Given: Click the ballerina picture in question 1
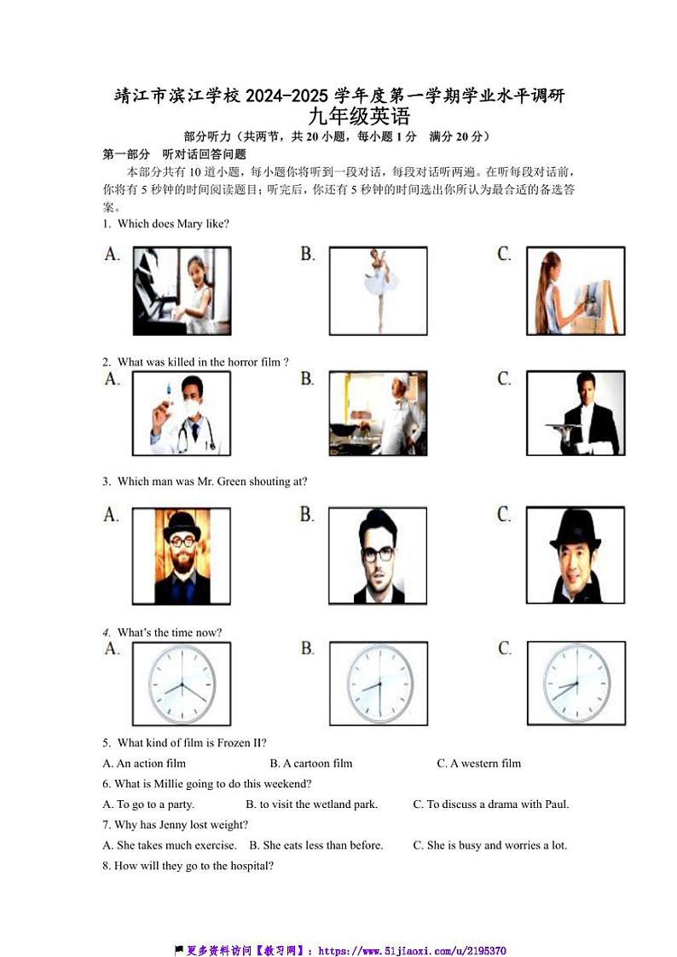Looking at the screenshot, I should point(378,291).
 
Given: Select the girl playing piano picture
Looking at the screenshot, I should point(182,291).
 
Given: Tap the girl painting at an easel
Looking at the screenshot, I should point(575,291).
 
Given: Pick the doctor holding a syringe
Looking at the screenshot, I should point(182,413).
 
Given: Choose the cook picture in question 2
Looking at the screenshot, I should point(378,413).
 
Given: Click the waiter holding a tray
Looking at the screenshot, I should point(575,413).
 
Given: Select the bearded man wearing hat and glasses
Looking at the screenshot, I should point(182,556).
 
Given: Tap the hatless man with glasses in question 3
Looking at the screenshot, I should point(378,556).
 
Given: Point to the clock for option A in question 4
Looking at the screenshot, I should point(182,684).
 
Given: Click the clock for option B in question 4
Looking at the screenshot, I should point(378,684).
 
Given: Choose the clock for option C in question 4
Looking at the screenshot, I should point(575,684).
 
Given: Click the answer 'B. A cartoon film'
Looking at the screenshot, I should point(310,763).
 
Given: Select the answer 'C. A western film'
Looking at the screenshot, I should point(478,763).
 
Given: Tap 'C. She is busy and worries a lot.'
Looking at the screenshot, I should point(489,845).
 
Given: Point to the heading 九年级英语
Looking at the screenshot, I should point(359,116).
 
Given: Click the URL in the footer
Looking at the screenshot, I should point(413,950).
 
